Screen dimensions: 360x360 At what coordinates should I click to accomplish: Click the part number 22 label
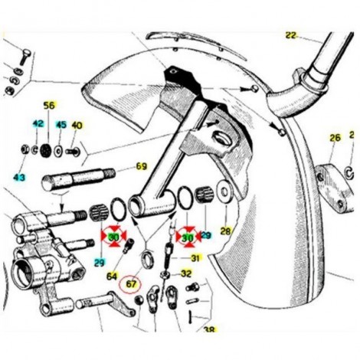click(x=291, y=35)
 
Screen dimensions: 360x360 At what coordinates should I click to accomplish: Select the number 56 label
click(x=49, y=105)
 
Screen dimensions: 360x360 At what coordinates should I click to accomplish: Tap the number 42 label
click(x=38, y=124)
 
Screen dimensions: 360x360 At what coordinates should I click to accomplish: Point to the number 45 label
click(x=61, y=125)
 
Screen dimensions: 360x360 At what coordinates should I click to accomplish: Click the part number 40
click(x=77, y=126)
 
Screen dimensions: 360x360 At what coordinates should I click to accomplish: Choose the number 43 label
click(x=20, y=177)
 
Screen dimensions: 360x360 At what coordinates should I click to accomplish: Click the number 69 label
click(x=141, y=166)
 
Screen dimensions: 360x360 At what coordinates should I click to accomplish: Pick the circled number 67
click(x=131, y=284)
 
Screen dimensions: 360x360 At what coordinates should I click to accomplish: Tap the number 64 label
click(x=112, y=277)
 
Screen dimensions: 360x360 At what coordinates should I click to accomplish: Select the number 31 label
click(x=195, y=258)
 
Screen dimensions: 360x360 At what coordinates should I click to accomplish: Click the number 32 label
click(x=186, y=273)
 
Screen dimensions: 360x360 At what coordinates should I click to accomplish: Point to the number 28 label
click(x=226, y=231)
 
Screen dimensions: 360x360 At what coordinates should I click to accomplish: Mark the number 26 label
click(x=335, y=138)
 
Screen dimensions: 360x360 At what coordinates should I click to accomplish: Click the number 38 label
click(x=209, y=329)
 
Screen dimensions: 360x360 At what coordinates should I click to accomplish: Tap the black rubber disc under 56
click(x=46, y=150)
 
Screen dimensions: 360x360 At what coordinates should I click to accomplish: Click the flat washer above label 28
click(x=224, y=192)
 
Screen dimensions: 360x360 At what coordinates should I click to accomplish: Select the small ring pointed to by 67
click(x=148, y=260)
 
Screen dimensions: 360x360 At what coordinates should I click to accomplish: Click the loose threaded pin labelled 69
click(x=78, y=178)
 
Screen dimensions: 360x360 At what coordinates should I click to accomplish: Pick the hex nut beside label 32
click(x=163, y=276)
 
